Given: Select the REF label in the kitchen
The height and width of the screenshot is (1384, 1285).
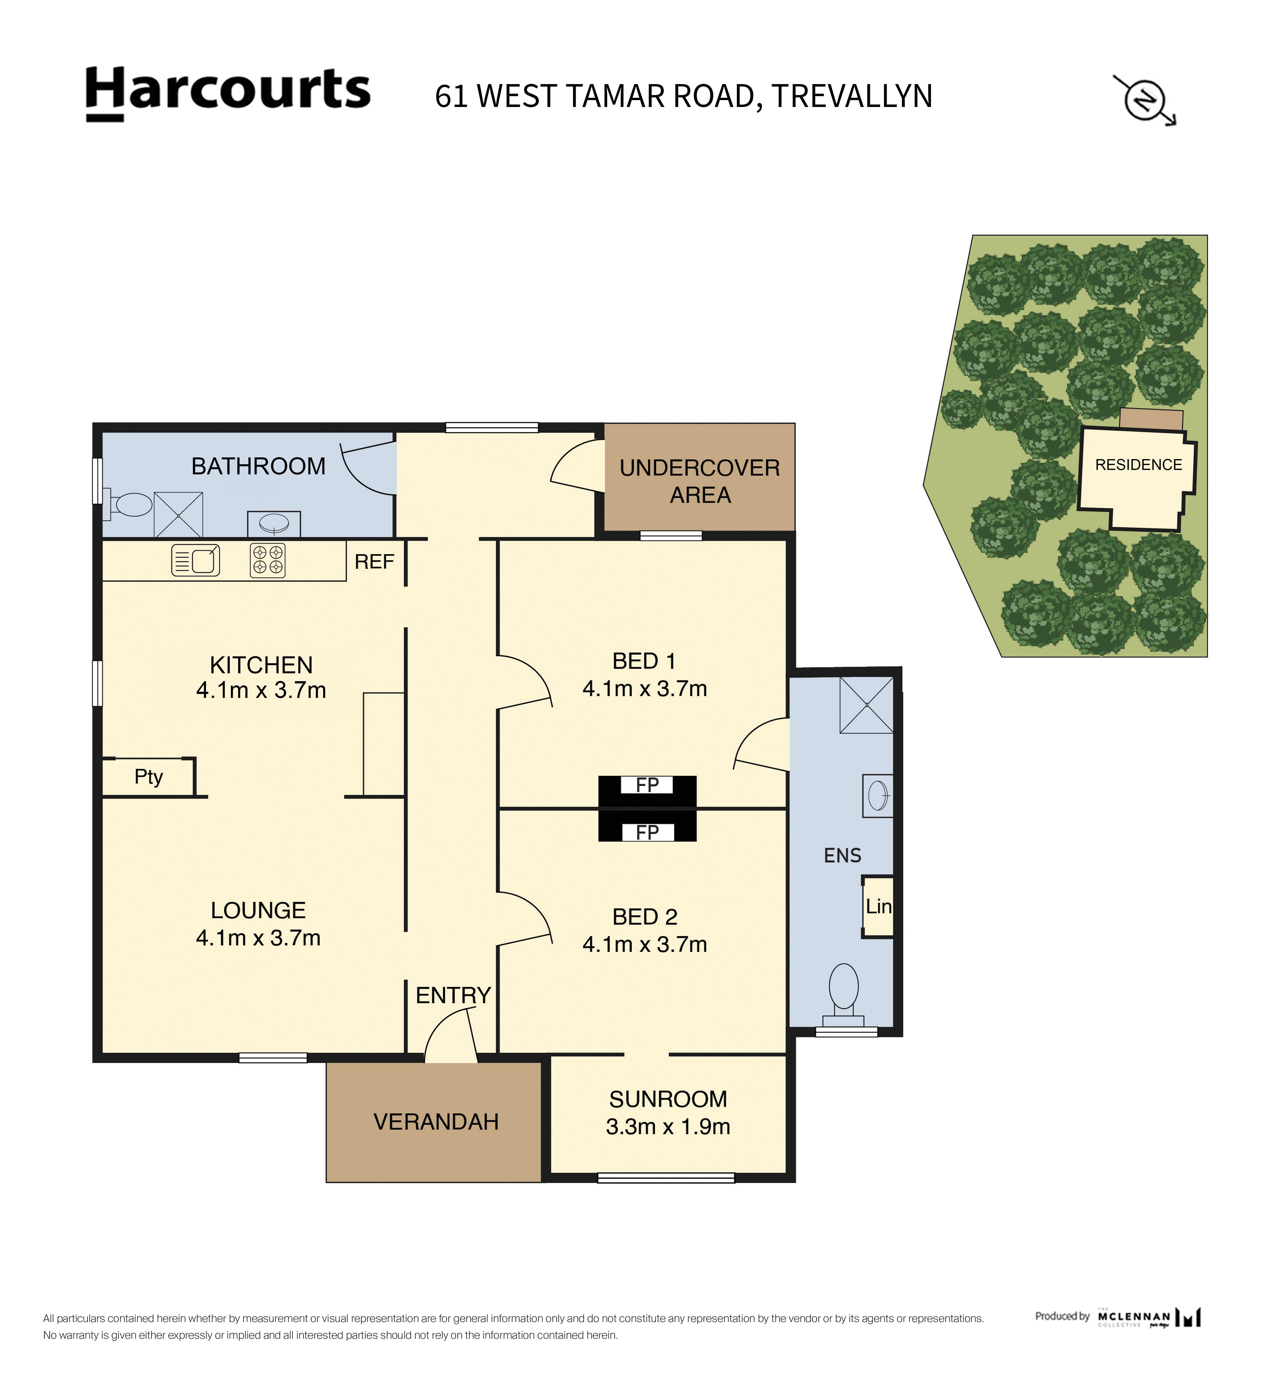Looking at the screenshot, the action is coord(374,562).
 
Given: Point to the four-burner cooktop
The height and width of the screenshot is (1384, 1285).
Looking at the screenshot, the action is coord(268,560).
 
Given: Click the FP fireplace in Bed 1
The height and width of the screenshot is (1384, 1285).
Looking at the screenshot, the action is coord(647,785).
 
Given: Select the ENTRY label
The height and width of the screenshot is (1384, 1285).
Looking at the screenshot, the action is coord(453,995).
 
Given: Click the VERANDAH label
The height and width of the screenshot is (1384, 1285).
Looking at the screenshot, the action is coord(436,1122).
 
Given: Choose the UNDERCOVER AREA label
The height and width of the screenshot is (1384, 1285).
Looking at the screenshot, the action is coord(699,481).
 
